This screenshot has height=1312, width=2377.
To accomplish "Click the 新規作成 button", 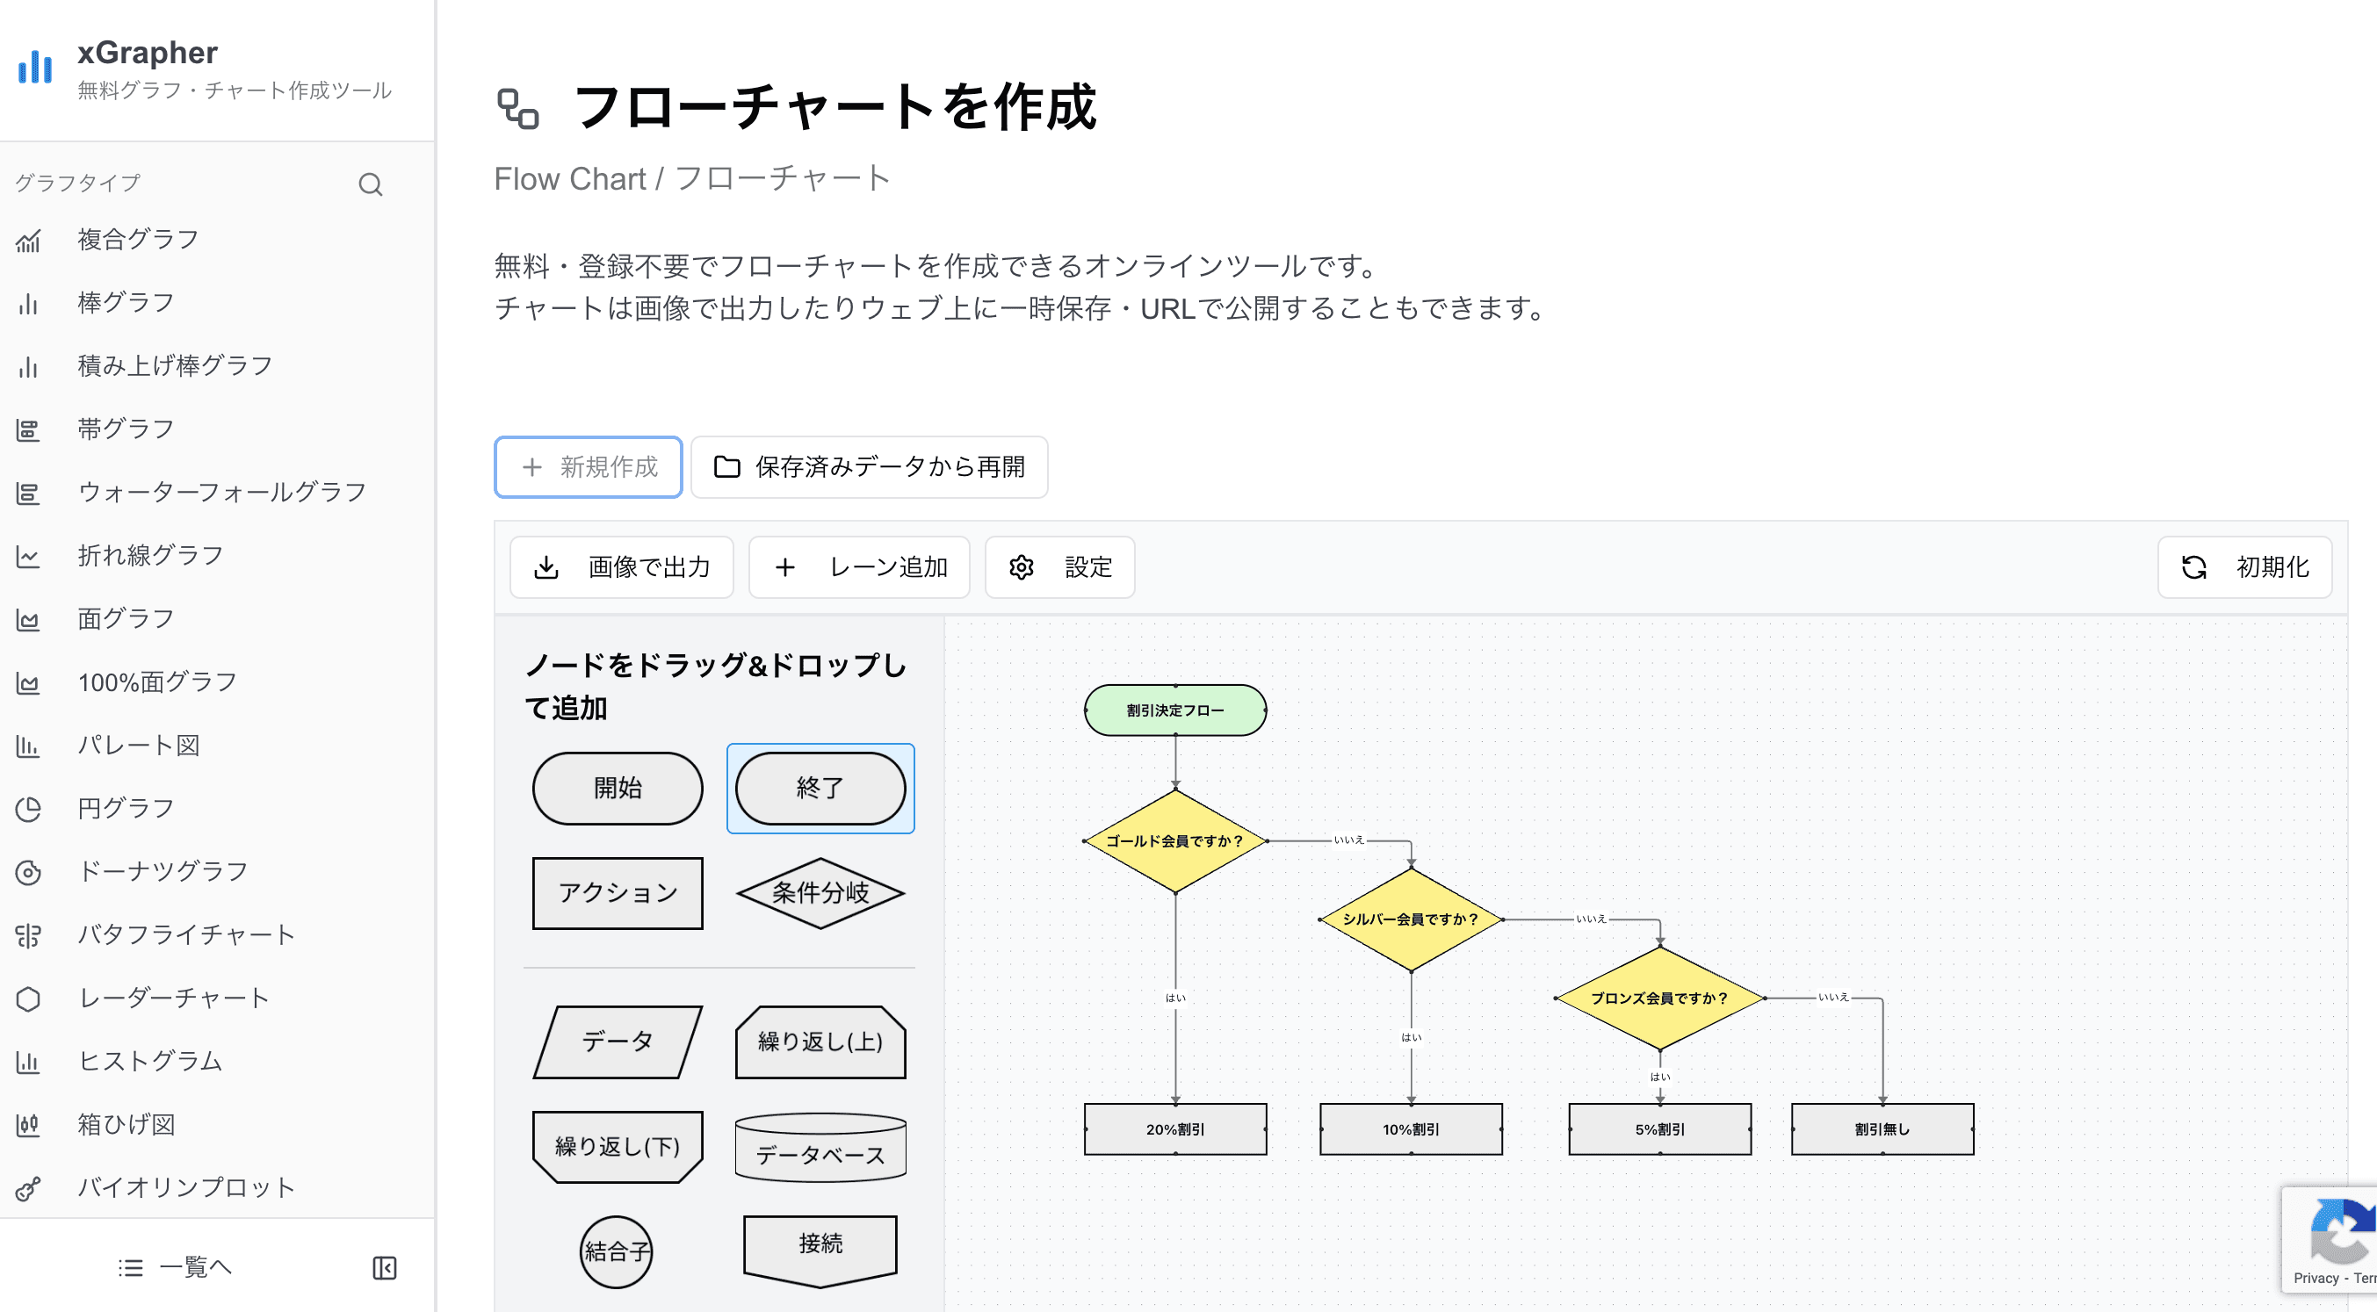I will [588, 467].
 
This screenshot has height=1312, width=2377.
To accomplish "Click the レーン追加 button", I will [859, 566].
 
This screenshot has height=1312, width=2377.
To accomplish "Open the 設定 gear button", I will [1059, 566].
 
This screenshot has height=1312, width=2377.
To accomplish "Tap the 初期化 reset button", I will [2244, 566].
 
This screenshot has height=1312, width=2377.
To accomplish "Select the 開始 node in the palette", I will [618, 788].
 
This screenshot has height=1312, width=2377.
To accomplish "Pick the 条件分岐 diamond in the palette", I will [820, 892].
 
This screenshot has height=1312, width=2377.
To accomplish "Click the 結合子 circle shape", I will [616, 1251].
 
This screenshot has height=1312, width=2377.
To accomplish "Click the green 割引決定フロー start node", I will [1174, 710].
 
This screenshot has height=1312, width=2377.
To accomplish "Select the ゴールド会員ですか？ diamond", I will [1174, 840].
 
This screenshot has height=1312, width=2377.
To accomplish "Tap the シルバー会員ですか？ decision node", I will [1410, 919].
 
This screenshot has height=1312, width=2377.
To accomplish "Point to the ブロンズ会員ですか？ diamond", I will [1659, 998].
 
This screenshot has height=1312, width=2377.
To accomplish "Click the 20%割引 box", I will [1174, 1128].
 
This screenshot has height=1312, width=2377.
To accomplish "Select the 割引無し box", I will [1882, 1128].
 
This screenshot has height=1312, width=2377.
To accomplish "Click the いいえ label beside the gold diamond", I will [1348, 840].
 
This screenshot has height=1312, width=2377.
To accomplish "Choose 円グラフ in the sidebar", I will [126, 808].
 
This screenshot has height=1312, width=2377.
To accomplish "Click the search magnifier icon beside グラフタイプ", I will [370, 184].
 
